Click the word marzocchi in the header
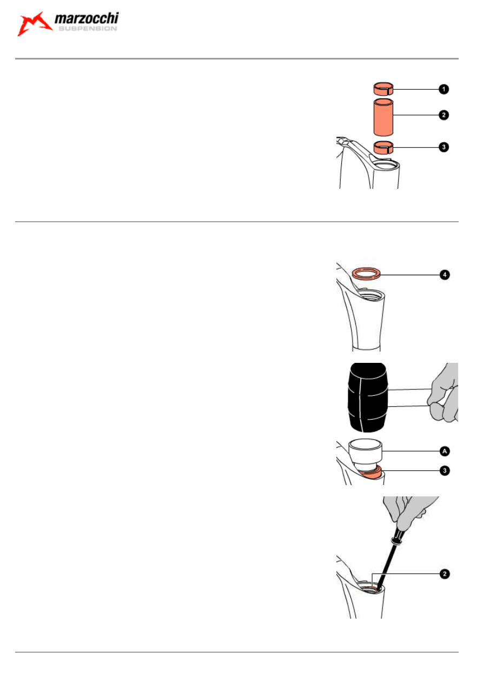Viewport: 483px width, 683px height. tap(87, 20)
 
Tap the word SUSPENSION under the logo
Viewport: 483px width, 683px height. tap(87, 29)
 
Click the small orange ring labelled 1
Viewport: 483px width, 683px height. tap(384, 89)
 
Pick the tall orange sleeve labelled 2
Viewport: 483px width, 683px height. tap(383, 117)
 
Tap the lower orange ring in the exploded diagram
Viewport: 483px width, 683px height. tap(384, 147)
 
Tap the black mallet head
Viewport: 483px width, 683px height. tap(368, 397)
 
